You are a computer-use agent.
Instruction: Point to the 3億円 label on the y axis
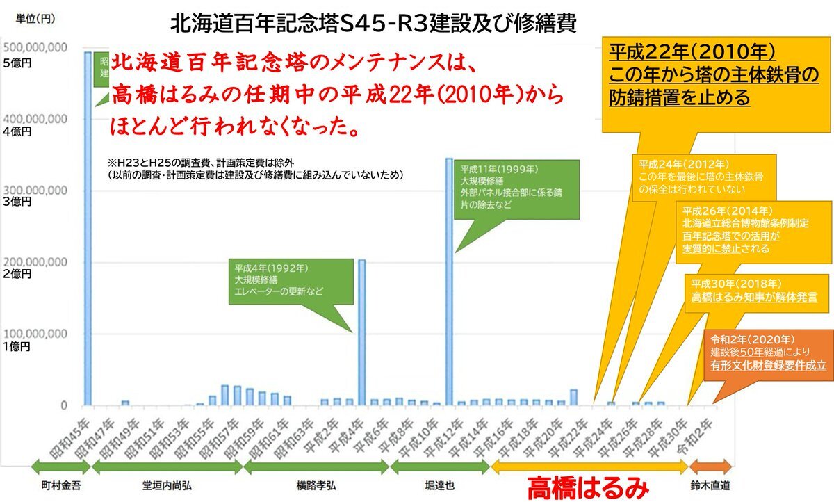point(17,202)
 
